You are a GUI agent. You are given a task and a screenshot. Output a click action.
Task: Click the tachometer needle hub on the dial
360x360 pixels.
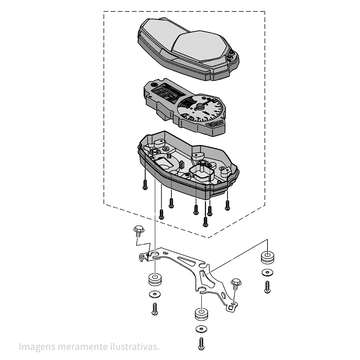point(200,107)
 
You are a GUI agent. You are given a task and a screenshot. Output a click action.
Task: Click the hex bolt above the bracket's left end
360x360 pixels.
point(139,231)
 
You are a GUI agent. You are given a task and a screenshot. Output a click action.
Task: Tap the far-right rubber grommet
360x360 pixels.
point(267,258)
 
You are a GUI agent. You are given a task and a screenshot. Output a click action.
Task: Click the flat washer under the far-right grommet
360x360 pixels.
point(267,273)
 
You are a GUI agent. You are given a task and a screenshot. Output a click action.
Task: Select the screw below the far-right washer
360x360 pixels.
point(267,287)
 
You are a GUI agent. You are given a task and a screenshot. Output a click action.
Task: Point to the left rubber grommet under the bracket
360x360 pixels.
point(155,279)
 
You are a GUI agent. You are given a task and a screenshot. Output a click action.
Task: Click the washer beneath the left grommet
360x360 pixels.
point(155,294)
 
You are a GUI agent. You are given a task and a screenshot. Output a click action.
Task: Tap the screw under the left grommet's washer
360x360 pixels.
point(155,309)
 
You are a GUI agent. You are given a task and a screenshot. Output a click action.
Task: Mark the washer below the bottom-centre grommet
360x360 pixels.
point(202,329)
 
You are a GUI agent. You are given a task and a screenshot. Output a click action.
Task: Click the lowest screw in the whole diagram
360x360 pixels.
point(201,344)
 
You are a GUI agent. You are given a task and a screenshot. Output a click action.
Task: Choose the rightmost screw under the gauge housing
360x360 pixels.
point(227,205)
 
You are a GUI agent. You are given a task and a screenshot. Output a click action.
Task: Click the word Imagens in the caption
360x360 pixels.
point(37,347)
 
